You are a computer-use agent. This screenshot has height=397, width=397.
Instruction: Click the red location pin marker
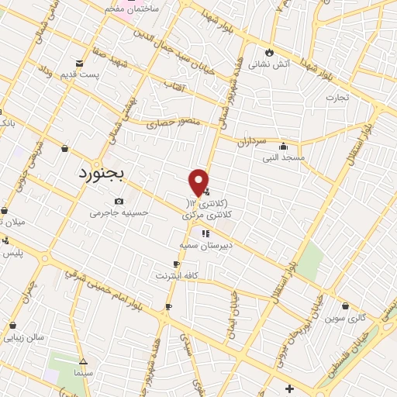click(x=198, y=181)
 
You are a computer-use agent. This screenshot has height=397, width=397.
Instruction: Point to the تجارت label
click(x=337, y=98)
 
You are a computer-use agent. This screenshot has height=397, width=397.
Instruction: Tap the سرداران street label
click(x=251, y=141)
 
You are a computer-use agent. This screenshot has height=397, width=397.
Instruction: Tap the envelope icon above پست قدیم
click(x=80, y=62)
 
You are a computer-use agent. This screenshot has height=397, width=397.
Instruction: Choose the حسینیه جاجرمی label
click(x=118, y=212)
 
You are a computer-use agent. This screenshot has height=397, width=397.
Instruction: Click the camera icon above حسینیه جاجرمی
click(x=118, y=201)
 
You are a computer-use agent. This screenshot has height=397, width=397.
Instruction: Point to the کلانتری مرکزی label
click(x=207, y=215)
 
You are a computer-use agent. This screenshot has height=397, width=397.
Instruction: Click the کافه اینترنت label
click(x=178, y=275)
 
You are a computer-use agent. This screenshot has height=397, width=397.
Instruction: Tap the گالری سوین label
click(x=345, y=318)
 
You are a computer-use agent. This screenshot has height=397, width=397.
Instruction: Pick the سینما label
click(x=84, y=374)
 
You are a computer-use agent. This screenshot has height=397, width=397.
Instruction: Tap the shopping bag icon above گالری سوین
click(x=345, y=306)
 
